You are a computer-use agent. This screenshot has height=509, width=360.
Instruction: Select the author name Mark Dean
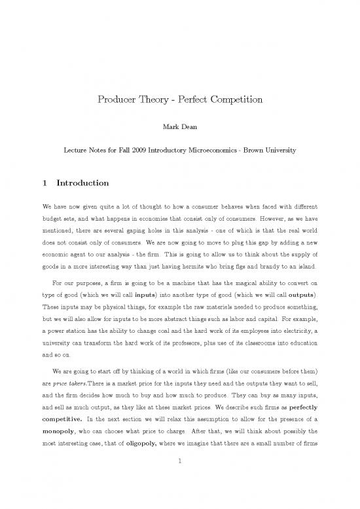click(x=179, y=125)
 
